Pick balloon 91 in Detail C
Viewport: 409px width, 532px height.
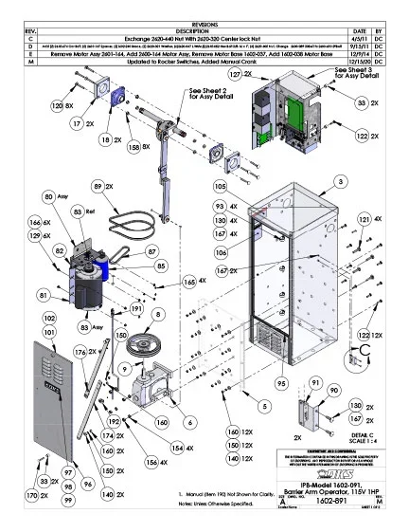314,381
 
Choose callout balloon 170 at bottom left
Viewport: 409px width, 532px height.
31,495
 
